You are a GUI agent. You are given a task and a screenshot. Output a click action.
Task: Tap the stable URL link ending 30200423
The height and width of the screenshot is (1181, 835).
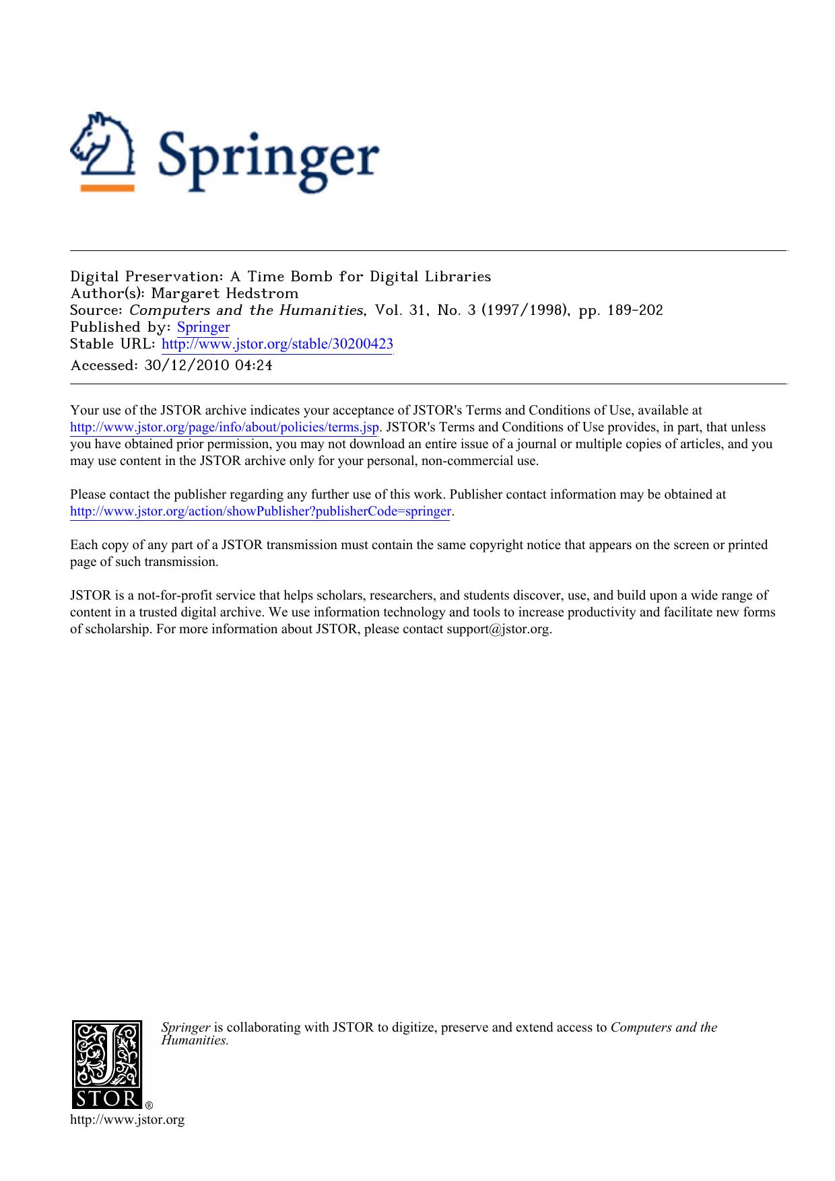click(277, 345)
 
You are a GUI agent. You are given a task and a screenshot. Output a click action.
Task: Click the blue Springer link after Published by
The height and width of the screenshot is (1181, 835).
click(203, 328)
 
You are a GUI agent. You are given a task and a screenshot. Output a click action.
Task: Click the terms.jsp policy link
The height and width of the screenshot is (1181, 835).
click(224, 427)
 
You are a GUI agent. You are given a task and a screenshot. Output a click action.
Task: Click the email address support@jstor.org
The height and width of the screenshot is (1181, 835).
click(498, 630)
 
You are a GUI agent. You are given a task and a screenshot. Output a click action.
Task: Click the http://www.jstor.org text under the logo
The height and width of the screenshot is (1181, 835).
click(127, 1120)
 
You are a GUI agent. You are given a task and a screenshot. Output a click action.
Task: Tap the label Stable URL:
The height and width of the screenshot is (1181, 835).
click(113, 345)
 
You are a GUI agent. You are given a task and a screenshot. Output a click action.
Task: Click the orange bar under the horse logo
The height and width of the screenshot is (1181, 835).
click(107, 188)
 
